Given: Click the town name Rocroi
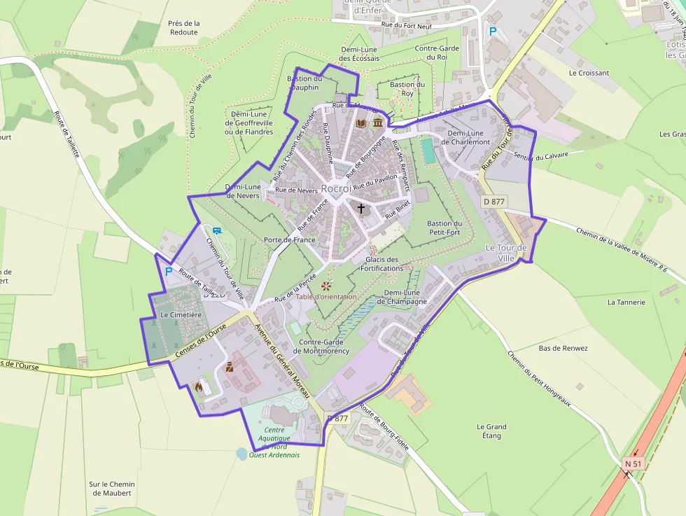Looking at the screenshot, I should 336,189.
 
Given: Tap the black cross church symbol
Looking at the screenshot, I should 361,208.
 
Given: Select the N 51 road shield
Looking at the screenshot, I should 633,463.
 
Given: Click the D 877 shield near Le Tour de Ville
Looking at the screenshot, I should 494,202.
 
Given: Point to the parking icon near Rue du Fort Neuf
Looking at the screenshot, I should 492,32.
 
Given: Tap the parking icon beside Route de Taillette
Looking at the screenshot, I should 168,270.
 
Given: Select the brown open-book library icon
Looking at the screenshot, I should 361,123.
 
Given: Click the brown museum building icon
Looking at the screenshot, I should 378,123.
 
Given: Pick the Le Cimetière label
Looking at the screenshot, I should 181,315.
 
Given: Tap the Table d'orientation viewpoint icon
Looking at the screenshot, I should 325,286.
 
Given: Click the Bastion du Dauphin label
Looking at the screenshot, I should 304,83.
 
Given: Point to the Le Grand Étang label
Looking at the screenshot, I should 491,431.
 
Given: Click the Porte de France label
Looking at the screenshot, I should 289,239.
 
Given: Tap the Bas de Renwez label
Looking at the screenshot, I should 563,348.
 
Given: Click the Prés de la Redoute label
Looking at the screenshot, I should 184,28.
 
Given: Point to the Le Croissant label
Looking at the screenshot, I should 589,73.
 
